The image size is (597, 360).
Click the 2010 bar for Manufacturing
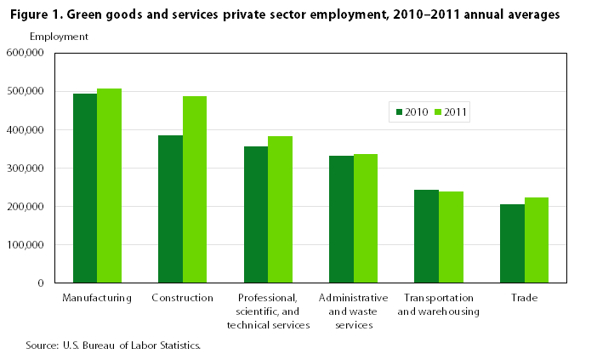coord(85,188)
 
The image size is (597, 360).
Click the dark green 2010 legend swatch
coord(397,111)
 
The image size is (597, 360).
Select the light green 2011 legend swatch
coord(439,111)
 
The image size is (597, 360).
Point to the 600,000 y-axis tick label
coord(26,53)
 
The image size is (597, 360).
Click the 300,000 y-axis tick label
coord(26,168)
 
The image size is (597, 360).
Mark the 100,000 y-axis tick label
coord(26,244)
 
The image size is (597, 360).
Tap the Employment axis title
coord(59,36)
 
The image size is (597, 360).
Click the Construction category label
coord(182,298)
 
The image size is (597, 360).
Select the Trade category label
coord(524,298)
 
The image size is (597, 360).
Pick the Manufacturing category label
coord(97,298)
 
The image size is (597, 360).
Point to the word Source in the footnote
coord(42,346)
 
